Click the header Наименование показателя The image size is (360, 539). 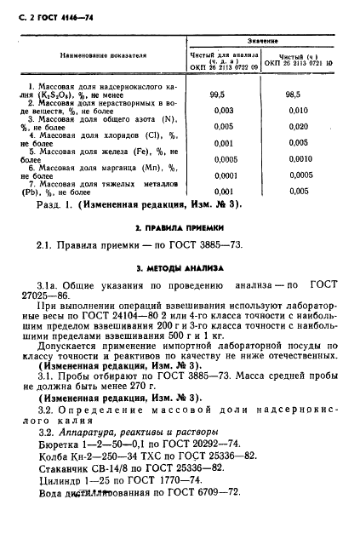103,56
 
